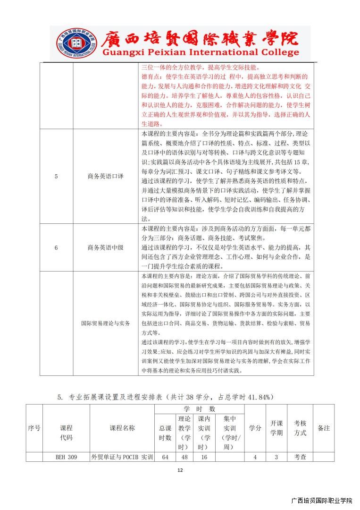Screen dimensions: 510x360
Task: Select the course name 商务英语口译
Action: coord(105,176)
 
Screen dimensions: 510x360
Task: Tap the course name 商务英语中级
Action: coord(105,247)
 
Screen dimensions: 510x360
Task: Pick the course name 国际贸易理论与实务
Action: coord(105,323)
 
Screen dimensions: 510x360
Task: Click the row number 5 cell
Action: coord(56,176)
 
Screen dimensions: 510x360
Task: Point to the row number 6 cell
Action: coord(56,247)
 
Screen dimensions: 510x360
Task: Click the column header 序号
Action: coord(34,428)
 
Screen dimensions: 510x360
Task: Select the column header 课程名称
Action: coord(122,428)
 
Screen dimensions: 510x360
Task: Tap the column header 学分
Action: coord(255,428)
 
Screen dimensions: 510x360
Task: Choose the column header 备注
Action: coord(324,428)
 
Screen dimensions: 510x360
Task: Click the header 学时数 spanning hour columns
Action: coord(199,408)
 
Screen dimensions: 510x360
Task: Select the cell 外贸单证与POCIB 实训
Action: coord(122,457)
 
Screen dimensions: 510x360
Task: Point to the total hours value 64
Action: coord(165,457)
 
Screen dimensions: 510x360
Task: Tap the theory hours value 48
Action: coord(184,457)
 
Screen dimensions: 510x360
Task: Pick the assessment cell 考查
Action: coord(300,457)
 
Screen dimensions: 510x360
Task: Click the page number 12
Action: coord(180,470)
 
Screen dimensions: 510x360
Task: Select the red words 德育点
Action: coord(151,76)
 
